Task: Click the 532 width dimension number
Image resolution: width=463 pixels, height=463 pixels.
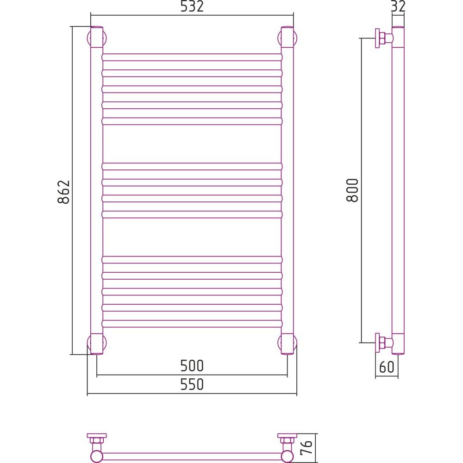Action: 192,6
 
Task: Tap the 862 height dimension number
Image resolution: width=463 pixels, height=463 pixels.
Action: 63,192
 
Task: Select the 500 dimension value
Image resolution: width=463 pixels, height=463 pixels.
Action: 192,366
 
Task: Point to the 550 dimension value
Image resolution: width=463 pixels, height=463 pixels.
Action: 192,384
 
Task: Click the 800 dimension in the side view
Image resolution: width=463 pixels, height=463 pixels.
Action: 352,190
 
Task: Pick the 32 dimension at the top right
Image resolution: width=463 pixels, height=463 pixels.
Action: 398,6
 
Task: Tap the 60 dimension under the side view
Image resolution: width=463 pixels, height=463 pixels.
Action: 387,367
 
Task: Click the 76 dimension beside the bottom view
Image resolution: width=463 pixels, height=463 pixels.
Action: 307,447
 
